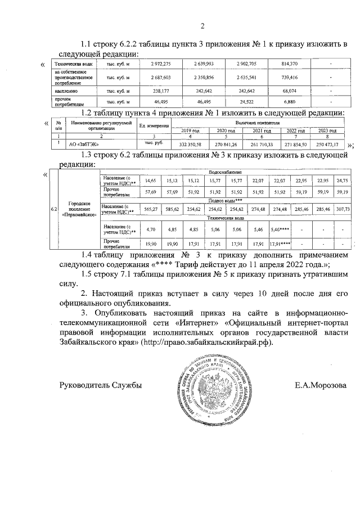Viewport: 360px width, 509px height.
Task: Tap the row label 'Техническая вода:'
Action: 70,64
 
